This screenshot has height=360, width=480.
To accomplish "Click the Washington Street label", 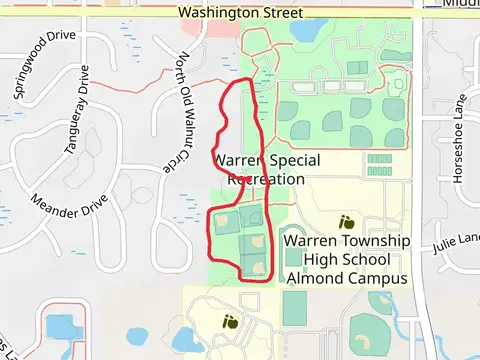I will [239, 13].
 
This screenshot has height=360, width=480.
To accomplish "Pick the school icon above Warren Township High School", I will [347, 222].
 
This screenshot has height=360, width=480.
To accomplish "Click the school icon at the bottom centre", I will [231, 321].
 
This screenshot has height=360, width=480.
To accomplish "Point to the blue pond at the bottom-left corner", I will [60, 326].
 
